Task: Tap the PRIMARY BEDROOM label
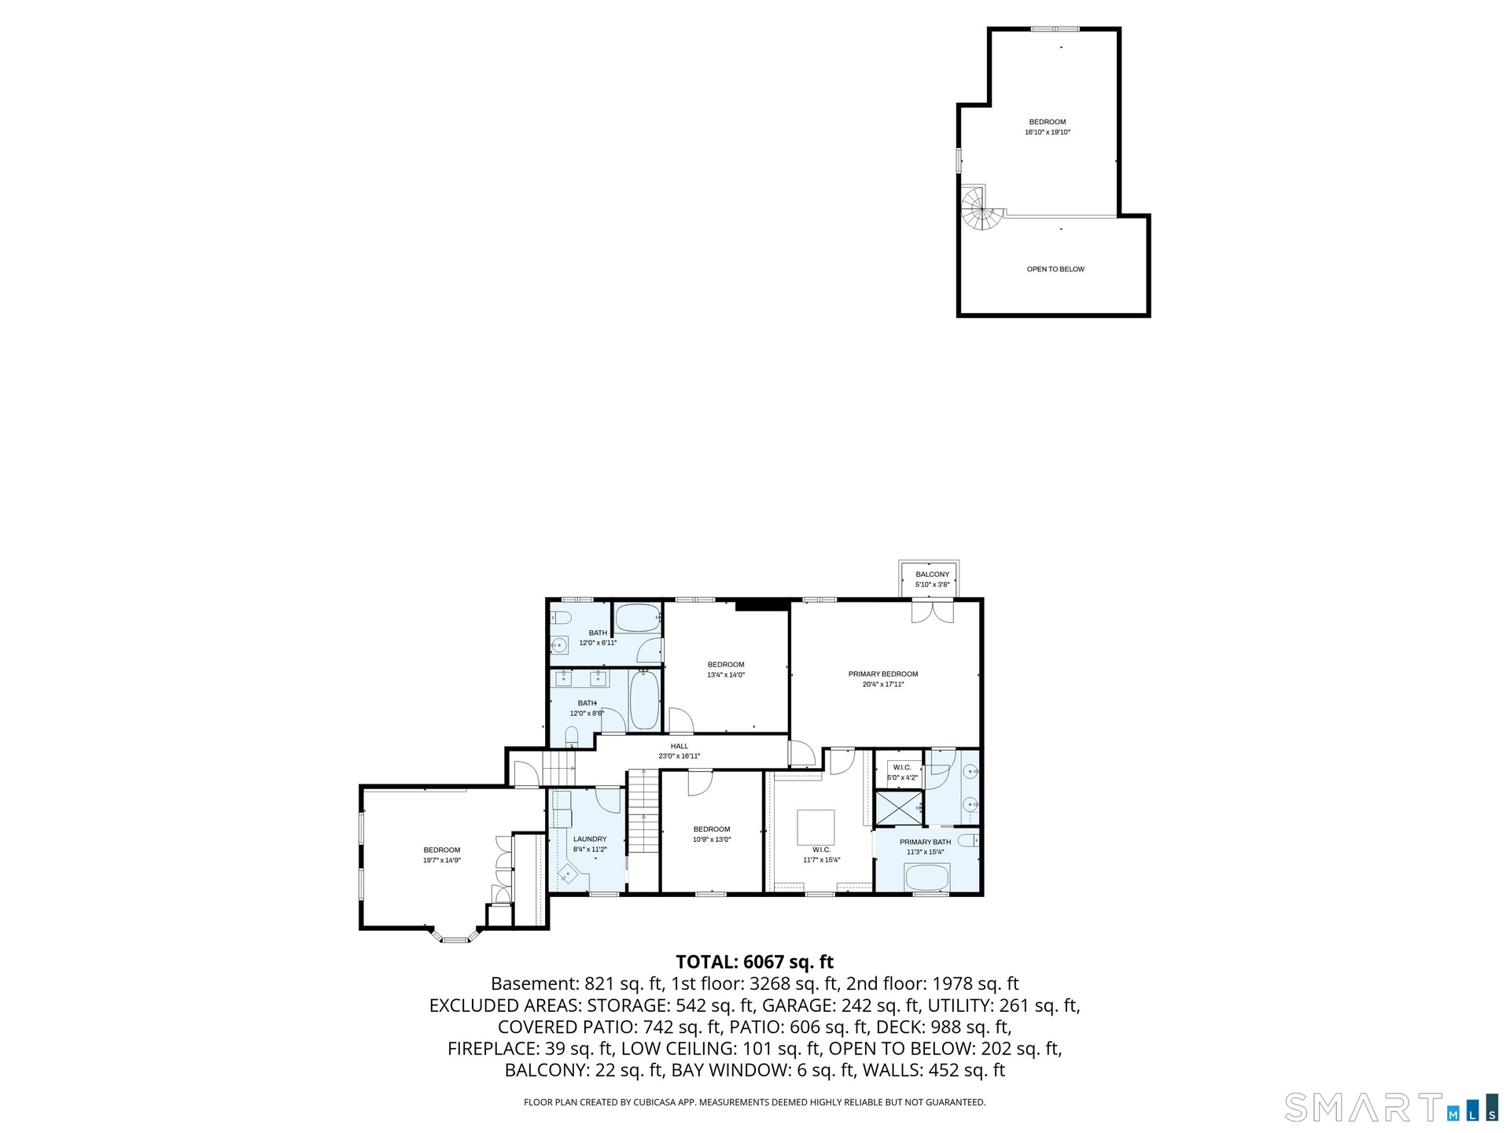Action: click(883, 674)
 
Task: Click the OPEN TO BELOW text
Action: click(1055, 269)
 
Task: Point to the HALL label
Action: click(679, 746)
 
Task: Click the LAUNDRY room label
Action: click(590, 839)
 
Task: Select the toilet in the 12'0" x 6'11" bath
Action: click(560, 617)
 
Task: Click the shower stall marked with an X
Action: click(899, 808)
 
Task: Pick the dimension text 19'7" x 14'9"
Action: click(442, 861)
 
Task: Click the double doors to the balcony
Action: click(932, 611)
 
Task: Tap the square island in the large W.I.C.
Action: click(816, 827)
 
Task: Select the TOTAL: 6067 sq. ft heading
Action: click(755, 961)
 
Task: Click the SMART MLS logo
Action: click(1391, 1107)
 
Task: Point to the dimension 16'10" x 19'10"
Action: click(1048, 132)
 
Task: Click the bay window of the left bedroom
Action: click(454, 936)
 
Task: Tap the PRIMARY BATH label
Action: click(926, 842)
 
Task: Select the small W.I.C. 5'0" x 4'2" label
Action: click(902, 772)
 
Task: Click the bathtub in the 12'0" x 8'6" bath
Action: click(644, 699)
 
